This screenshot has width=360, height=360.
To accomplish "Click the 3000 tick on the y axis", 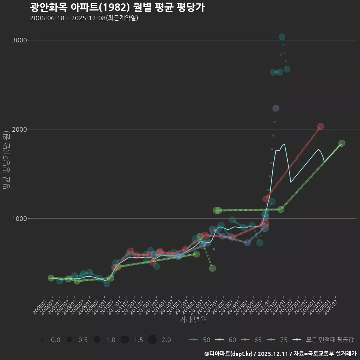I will tap(19, 40).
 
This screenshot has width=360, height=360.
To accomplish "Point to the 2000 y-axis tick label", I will tap(19, 129).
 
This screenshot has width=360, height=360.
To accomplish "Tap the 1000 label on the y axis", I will tap(19, 218).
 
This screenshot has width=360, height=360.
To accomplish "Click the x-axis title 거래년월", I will tap(193, 320).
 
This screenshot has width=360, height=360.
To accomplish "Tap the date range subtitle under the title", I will tap(84, 18).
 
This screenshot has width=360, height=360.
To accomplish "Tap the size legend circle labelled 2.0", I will tap(152, 340).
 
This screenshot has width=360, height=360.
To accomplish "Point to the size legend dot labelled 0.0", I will tap(42, 340).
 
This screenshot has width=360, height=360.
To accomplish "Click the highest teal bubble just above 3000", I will tap(282, 37).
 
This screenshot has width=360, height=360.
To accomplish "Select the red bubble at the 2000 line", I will tap(320, 127).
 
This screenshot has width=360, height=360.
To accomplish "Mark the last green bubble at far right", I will tap(341, 143).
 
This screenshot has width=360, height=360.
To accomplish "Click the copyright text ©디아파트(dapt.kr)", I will tap(228, 354).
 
